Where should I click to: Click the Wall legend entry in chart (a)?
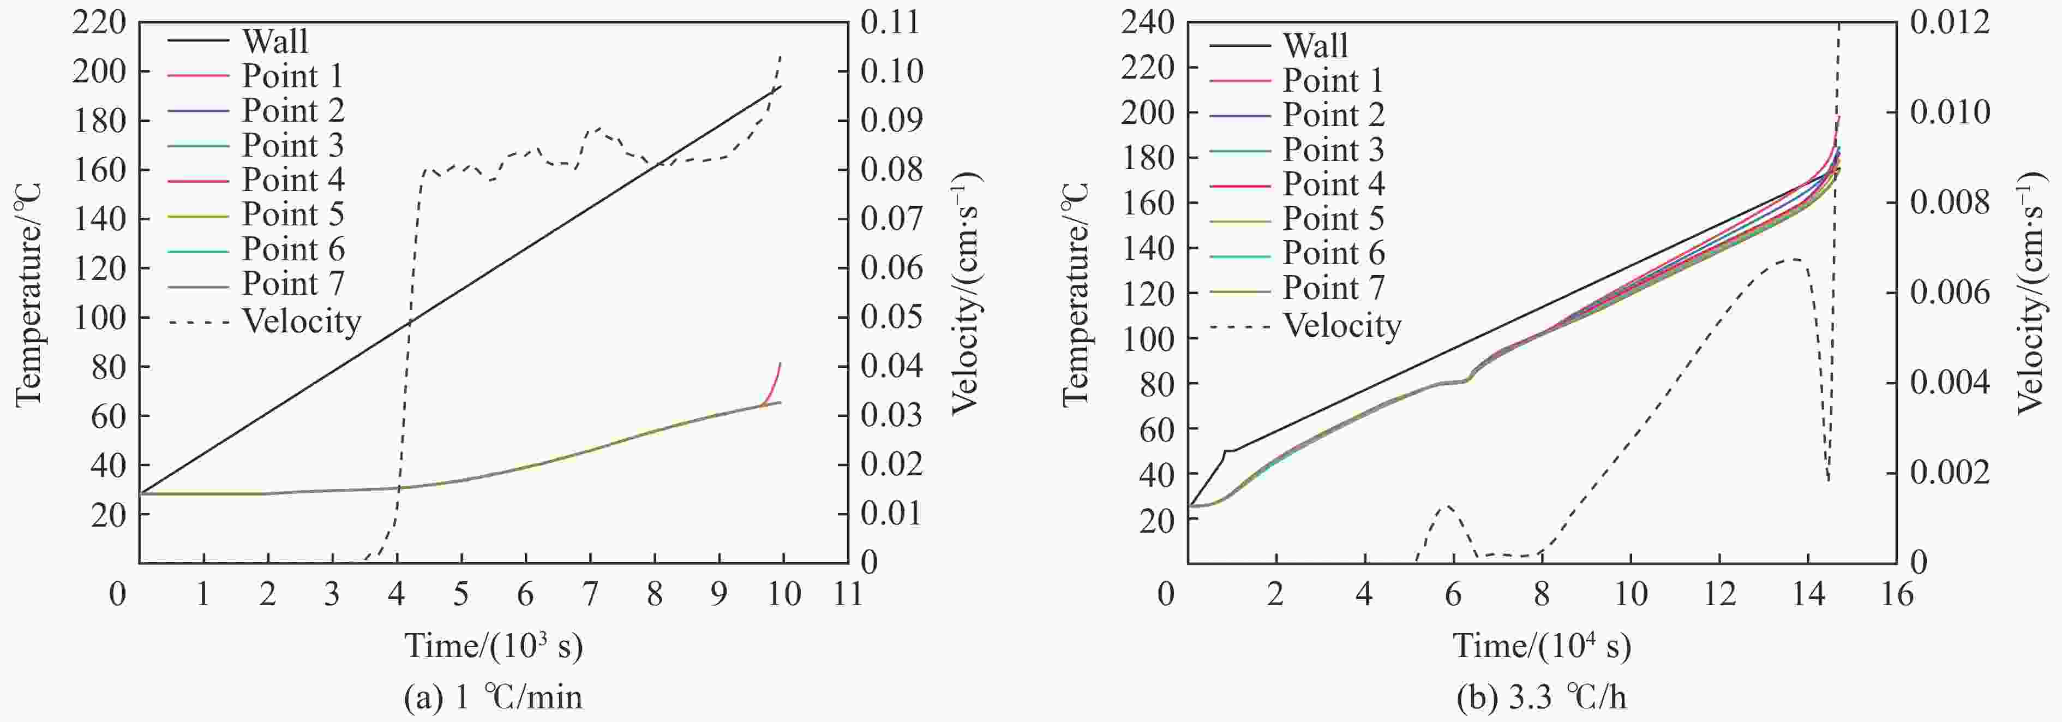pos(274,41)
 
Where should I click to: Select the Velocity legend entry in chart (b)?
pos(1341,326)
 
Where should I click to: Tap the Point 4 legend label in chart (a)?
pos(293,180)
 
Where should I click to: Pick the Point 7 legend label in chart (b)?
pos(1333,288)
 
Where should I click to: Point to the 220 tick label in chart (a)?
pos(99,22)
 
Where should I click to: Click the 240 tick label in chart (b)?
pos(1147,22)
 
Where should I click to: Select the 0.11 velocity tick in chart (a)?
pos(891,22)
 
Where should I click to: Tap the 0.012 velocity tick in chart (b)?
pos(1949,22)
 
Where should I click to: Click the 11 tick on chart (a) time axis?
pos(848,594)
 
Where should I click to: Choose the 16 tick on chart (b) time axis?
pos(1896,594)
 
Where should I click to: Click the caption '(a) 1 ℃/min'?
pos(494,698)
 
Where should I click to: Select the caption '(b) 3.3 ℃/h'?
pos(1541,698)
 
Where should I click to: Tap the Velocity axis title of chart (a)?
pos(966,295)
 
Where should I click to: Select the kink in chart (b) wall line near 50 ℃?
pos(1226,451)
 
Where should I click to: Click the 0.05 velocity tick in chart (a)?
pos(891,317)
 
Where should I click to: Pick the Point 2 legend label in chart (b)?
pos(1333,115)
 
